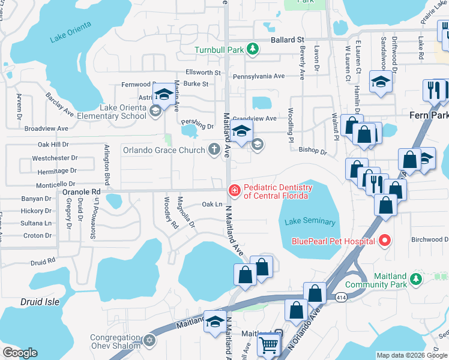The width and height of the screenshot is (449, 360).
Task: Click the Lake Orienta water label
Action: point(71,32)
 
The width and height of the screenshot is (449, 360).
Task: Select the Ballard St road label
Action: point(287,40)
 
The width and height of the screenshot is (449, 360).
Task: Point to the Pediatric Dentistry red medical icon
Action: point(234,191)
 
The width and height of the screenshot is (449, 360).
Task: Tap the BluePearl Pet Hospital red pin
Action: point(384,241)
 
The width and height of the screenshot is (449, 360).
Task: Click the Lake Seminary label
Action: point(306,221)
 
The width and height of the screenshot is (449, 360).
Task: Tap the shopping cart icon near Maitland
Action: point(268,344)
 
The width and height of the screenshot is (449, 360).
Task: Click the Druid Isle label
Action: point(40,301)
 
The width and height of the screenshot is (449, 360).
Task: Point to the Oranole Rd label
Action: point(81,191)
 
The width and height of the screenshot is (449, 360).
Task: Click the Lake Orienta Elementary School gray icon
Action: point(154,111)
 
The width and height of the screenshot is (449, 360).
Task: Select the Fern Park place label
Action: point(429,115)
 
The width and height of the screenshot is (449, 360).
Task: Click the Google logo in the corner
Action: point(20,352)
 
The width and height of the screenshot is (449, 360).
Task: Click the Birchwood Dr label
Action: point(429,239)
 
